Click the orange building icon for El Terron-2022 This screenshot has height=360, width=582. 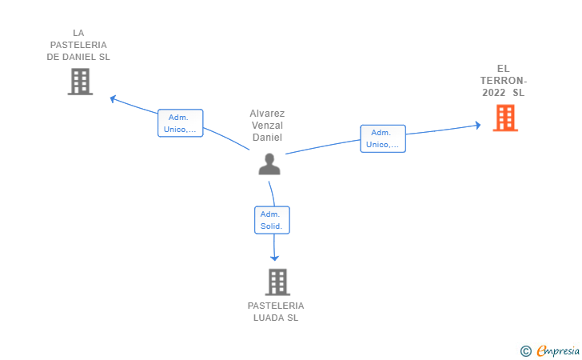click(504, 118)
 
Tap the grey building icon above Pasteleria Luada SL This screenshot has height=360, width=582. click(277, 282)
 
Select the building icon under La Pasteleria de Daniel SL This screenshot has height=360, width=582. click(80, 82)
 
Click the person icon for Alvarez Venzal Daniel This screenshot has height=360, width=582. click(269, 163)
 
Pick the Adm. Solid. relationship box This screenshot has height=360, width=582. click(271, 220)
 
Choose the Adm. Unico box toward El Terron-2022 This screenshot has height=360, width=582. click(383, 138)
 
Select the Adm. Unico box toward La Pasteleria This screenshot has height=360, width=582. click(180, 123)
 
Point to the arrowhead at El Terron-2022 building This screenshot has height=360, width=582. click(477, 125)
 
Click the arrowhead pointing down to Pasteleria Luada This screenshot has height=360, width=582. click(274, 258)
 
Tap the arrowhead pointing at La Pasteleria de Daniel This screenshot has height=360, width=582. click(114, 98)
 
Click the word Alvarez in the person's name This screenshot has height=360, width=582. click(267, 114)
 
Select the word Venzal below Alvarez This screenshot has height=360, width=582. click(267, 126)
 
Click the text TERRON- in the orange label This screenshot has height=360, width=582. click(503, 81)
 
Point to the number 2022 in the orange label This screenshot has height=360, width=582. click(493, 93)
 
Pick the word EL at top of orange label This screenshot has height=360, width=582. click(503, 69)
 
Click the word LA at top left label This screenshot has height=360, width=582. click(78, 33)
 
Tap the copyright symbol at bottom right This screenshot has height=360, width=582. click(525, 350)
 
